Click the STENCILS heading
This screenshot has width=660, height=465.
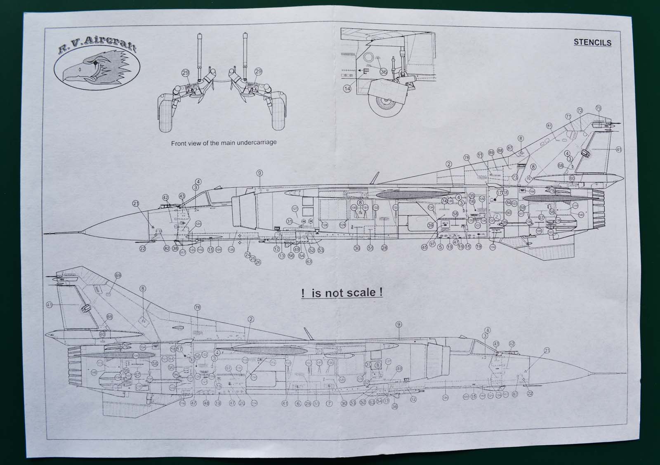point(592,42)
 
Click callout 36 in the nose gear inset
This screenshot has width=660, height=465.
point(384,72)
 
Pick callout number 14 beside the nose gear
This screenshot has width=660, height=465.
point(347,89)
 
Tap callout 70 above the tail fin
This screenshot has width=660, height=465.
point(599,108)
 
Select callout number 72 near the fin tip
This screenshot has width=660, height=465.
point(580,111)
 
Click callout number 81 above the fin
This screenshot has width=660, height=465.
point(549,125)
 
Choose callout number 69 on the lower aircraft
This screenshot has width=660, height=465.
point(118,275)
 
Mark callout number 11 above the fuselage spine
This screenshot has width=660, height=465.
point(480,155)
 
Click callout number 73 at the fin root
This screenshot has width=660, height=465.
point(515,177)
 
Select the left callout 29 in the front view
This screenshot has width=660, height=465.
point(185,73)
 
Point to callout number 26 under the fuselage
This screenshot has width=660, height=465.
point(258,262)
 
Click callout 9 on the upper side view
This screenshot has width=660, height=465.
point(259,173)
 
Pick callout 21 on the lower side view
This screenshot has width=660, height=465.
point(547,351)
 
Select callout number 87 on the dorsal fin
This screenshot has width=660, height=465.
point(510,148)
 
